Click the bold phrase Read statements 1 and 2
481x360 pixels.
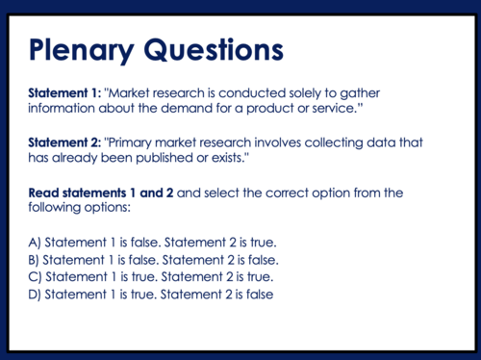(101, 193)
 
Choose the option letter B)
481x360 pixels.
(35, 260)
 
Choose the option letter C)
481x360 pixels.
(35, 277)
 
